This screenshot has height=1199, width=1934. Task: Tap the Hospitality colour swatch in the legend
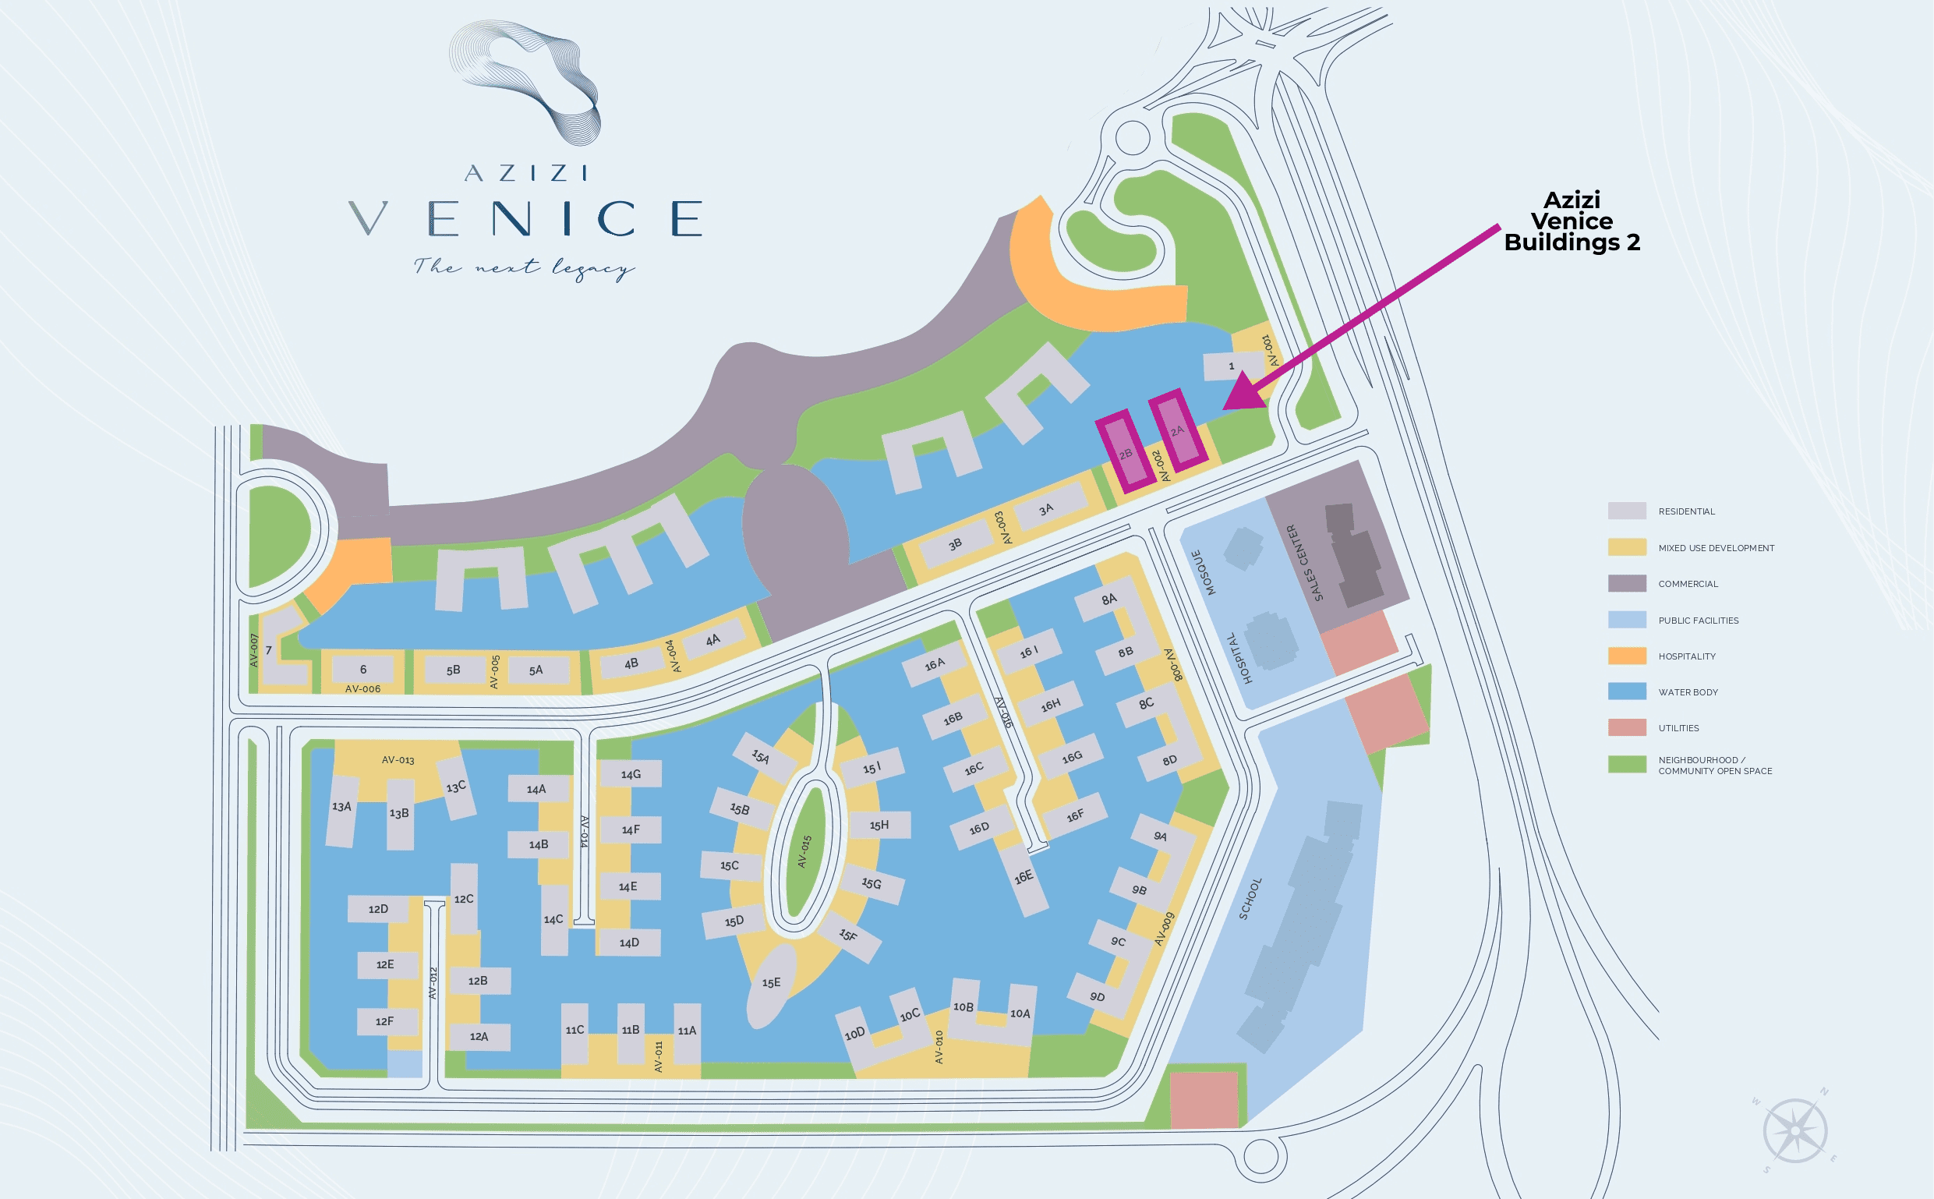coord(1626,656)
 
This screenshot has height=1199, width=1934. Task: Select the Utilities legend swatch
coord(1626,727)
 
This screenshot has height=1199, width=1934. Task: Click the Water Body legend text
coord(1688,692)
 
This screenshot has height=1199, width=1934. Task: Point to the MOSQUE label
coord(1204,572)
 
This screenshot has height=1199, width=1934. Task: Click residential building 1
coord(1231,366)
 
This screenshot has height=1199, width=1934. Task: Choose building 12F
coord(385,1021)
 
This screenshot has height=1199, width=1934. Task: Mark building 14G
coord(631,774)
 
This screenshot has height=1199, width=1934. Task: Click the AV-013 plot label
coord(398,759)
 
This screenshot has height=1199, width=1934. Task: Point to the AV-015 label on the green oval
coord(804,851)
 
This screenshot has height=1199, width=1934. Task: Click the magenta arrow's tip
coord(1226,409)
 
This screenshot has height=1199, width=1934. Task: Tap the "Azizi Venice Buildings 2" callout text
coord(1571,221)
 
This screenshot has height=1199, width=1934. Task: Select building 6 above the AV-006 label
coord(363,670)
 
